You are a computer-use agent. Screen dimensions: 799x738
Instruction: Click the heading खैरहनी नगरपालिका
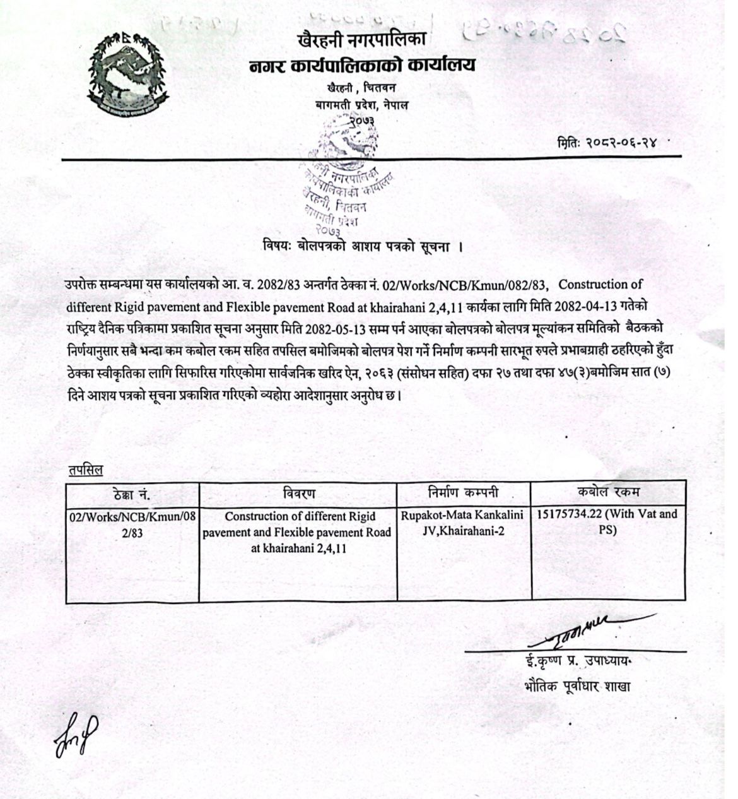361,40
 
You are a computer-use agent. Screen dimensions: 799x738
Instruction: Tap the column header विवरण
298,494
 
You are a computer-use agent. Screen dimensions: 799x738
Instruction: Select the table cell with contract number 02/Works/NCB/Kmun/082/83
132,524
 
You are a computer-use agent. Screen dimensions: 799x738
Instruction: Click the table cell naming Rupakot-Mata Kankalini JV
463,523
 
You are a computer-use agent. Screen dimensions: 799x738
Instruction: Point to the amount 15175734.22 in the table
568,514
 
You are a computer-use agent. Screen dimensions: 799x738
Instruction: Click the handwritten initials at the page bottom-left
77,733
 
